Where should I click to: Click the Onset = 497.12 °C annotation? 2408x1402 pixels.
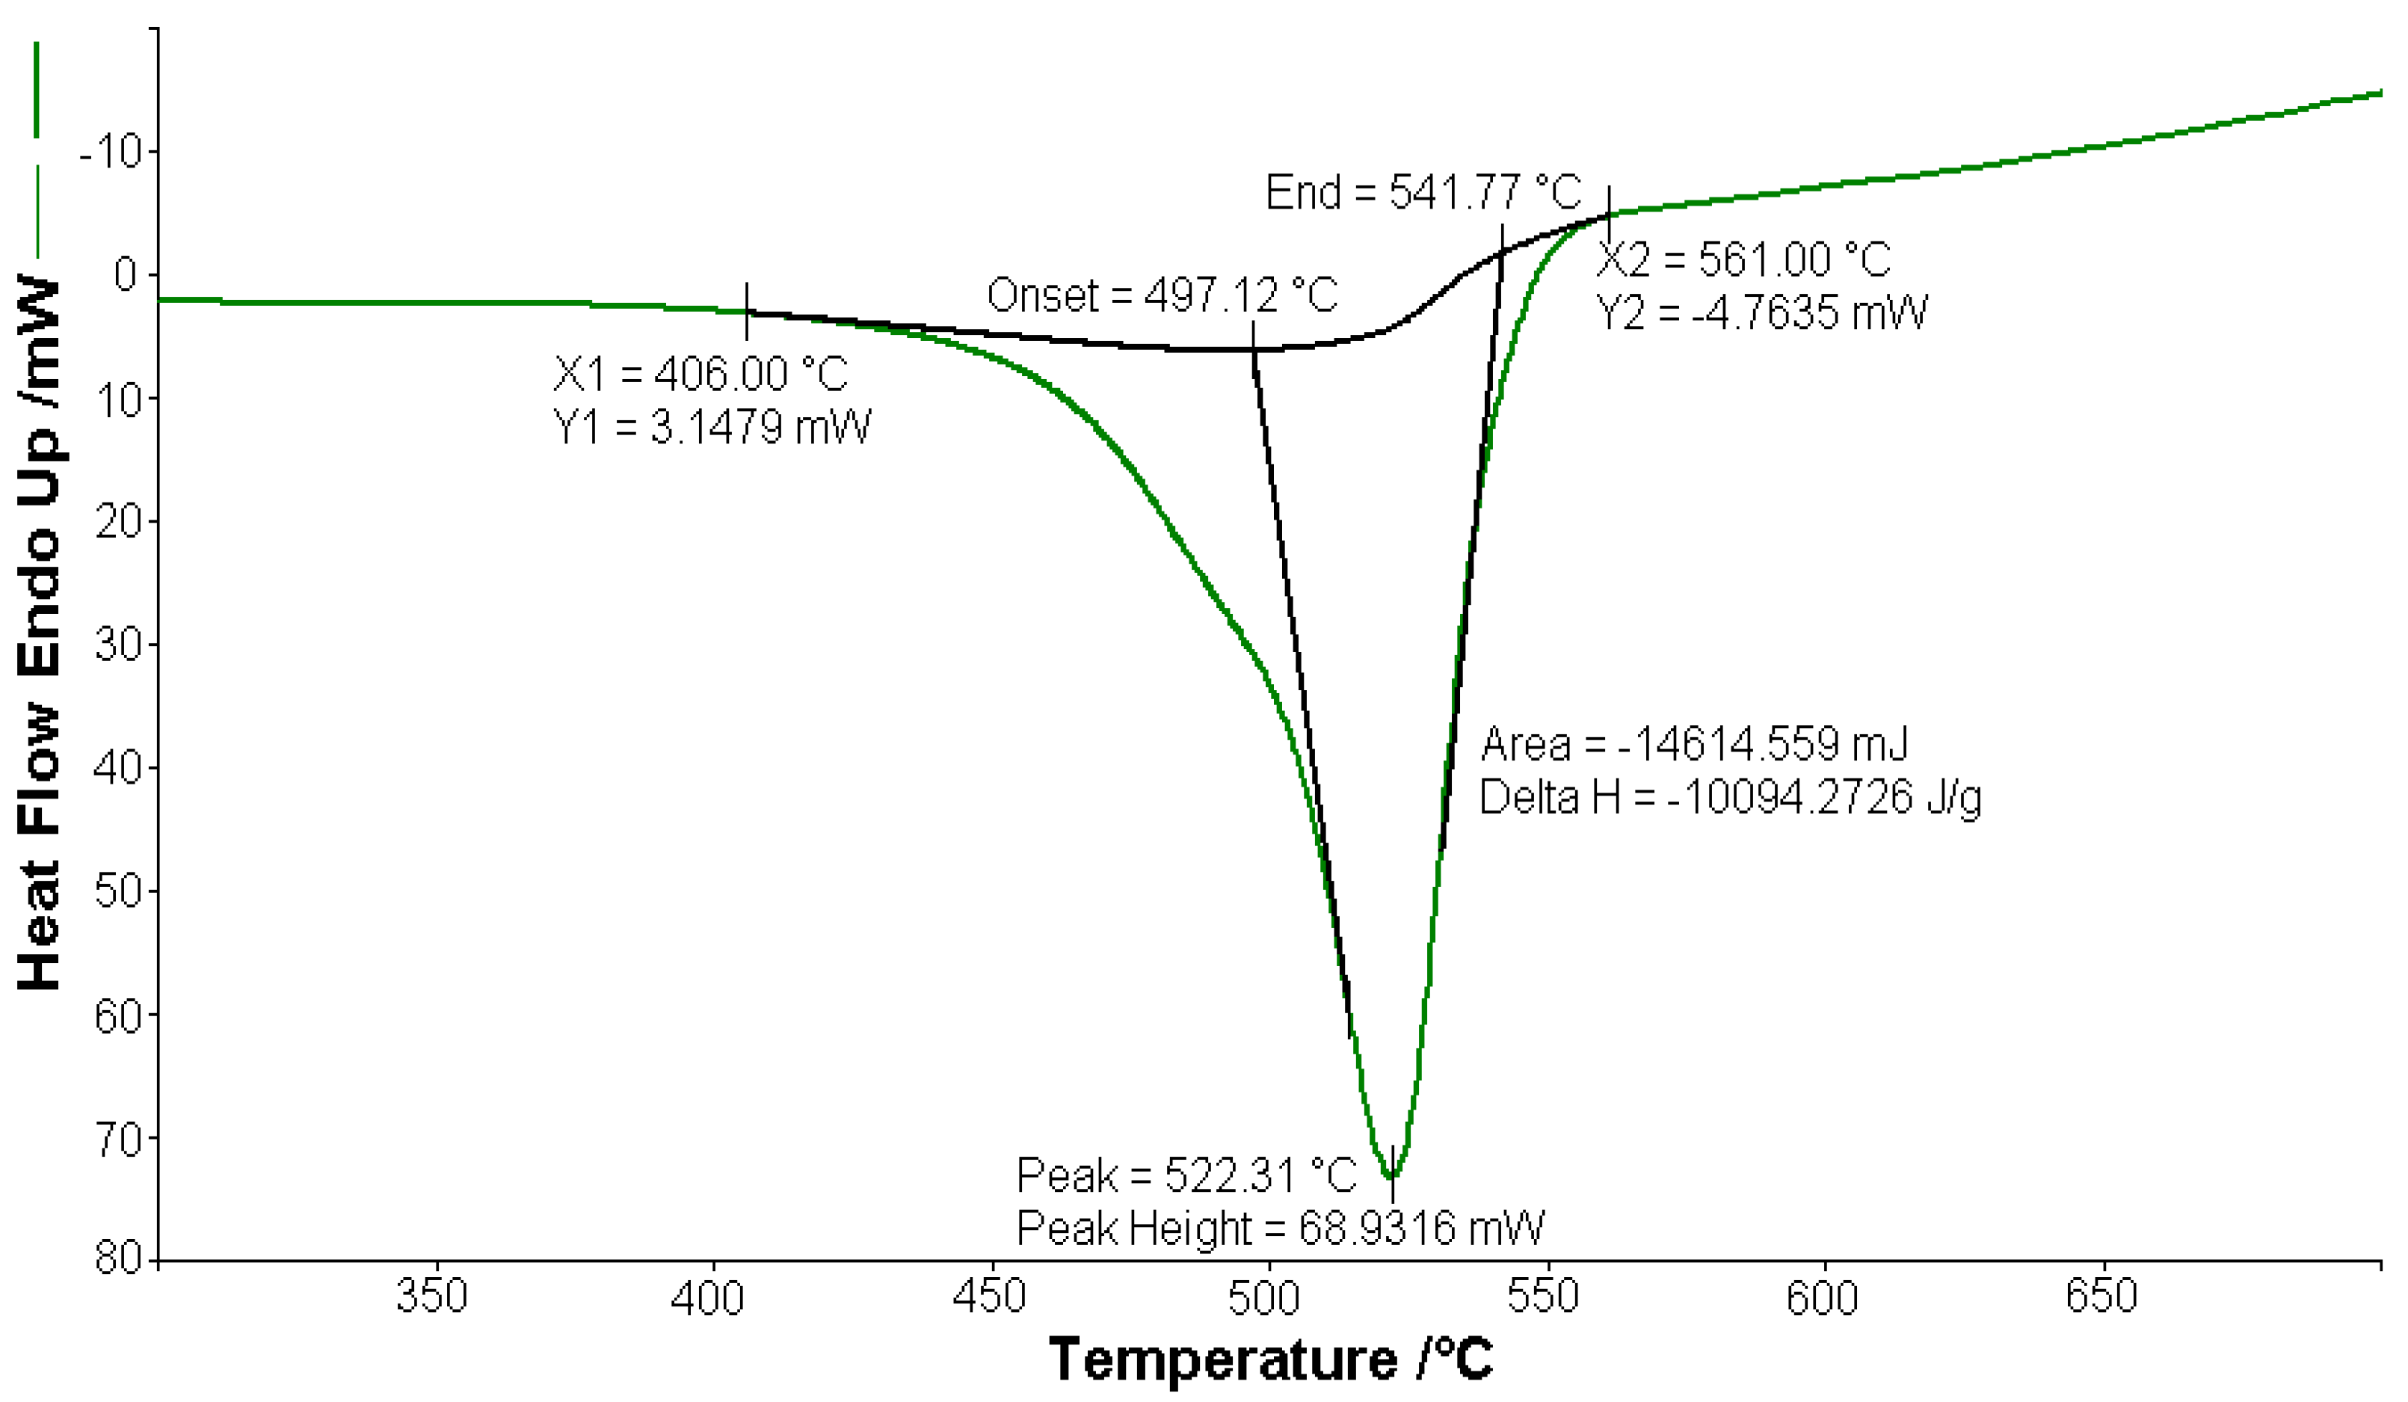(1162, 295)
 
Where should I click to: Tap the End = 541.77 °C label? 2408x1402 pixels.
(1423, 193)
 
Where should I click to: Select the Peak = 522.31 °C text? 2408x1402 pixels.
(1186, 1175)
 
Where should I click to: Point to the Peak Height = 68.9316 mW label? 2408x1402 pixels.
(1279, 1228)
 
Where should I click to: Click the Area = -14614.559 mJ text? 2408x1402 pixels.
(1694, 745)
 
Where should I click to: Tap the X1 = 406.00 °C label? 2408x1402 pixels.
(700, 374)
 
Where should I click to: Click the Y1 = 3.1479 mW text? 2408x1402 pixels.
(712, 427)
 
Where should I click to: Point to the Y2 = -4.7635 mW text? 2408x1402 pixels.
(1761, 313)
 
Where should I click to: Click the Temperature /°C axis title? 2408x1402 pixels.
(1270, 1360)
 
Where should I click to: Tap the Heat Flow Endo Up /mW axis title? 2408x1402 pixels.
(40, 631)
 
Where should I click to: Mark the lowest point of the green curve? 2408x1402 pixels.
(1391, 1176)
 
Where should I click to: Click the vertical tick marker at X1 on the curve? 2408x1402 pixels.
(746, 312)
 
